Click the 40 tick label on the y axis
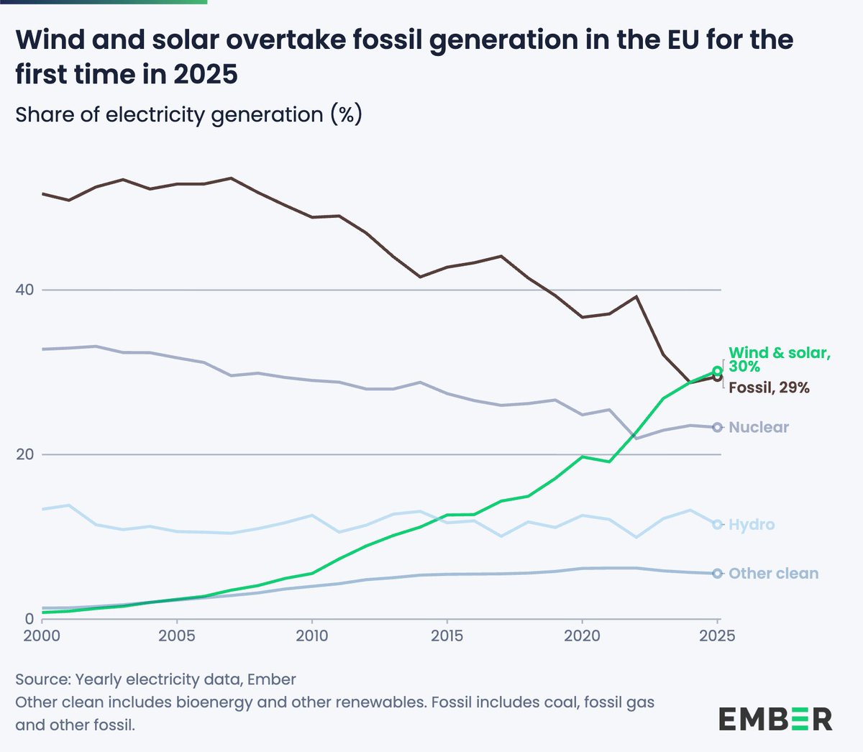point(25,290)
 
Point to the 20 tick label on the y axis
point(25,454)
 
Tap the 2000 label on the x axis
point(42,636)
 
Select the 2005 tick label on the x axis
point(176,636)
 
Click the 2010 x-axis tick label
point(311,636)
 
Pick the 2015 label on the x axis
point(447,636)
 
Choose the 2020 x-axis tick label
point(582,636)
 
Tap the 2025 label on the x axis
point(717,636)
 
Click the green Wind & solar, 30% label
point(779,359)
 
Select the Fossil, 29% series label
point(769,388)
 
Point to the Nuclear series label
point(759,427)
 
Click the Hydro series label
point(752,525)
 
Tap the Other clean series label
point(773,574)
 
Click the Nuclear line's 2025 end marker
point(717,427)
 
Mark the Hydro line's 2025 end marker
point(717,525)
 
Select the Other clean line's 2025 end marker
point(717,574)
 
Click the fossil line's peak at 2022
point(636,296)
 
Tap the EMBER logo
point(775,719)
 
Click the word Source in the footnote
point(42,679)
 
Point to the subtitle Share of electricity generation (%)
point(188,115)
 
